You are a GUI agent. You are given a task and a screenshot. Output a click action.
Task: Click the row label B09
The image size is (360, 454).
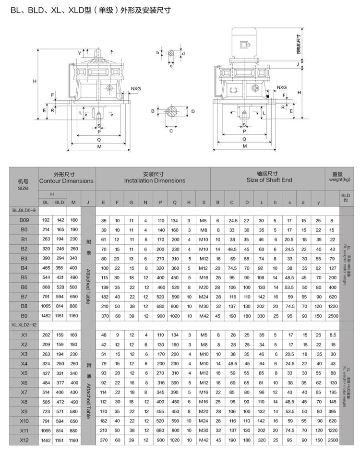pos(24,220)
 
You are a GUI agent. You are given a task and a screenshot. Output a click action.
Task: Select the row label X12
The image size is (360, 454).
pos(24,440)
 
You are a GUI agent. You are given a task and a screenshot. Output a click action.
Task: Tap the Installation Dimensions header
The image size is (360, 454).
pos(154,178)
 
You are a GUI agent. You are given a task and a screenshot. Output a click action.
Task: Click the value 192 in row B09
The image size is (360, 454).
pos(46,220)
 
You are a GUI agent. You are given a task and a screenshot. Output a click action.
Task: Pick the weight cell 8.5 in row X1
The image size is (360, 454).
pos(331,335)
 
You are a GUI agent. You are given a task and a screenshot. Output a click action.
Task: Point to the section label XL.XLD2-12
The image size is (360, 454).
pos(24,325)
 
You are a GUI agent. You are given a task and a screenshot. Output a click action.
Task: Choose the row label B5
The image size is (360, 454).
pos(24,277)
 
